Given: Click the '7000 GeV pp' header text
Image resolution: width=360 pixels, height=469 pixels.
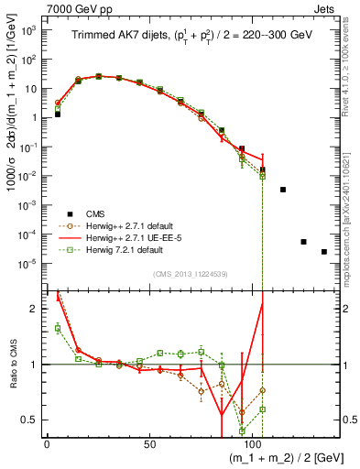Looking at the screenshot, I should [x=38, y=7].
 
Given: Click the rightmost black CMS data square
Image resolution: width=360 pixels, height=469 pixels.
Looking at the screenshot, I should [x=324, y=252].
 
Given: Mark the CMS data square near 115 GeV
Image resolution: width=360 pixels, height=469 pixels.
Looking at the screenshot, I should [x=283, y=190].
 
